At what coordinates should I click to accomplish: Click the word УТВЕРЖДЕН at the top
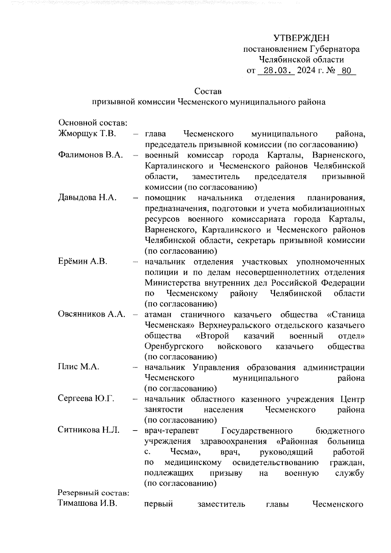pyautogui.click(x=301, y=38)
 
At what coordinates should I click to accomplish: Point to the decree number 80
pyautogui.click(x=346, y=70)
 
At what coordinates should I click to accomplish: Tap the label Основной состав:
pyautogui.click(x=93, y=123)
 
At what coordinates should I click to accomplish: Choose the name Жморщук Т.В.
pyautogui.click(x=87, y=134)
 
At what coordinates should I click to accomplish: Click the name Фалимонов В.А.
pyautogui.click(x=91, y=155)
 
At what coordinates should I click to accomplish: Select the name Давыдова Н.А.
pyautogui.click(x=87, y=198)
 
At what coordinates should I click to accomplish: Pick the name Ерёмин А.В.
pyautogui.click(x=82, y=262)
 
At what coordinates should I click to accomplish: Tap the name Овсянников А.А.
pyautogui.click(x=92, y=315)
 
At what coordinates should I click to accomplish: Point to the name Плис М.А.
pyautogui.click(x=79, y=367)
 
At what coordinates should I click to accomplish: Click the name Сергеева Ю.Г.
pyautogui.click(x=86, y=399)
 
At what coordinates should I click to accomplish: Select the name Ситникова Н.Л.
pyautogui.click(x=89, y=430)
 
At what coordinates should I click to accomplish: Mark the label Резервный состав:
pyautogui.click(x=94, y=493)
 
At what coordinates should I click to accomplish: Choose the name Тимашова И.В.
pyautogui.click(x=88, y=503)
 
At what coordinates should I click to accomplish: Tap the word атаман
pyautogui.click(x=158, y=315)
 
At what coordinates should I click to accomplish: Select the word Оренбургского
pyautogui.click(x=174, y=346)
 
